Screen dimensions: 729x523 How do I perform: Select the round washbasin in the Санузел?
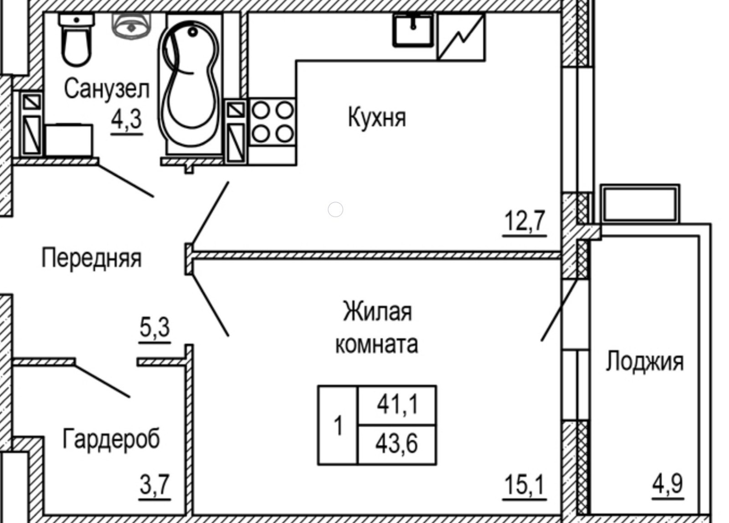(131, 26)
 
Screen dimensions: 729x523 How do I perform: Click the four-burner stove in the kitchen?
(272, 122)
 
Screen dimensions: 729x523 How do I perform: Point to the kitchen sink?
(413, 30)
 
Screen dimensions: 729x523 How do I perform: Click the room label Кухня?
(376, 118)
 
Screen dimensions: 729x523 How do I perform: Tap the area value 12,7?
(524, 222)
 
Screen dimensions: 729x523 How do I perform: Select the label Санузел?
(106, 89)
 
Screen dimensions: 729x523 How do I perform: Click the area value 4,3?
(127, 119)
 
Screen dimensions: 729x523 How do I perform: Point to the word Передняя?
(92, 258)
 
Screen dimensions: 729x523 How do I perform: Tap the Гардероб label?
(111, 439)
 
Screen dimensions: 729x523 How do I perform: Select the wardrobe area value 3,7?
(155, 485)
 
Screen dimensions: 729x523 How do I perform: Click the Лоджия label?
(644, 362)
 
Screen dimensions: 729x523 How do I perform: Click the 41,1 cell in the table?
(397, 405)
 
